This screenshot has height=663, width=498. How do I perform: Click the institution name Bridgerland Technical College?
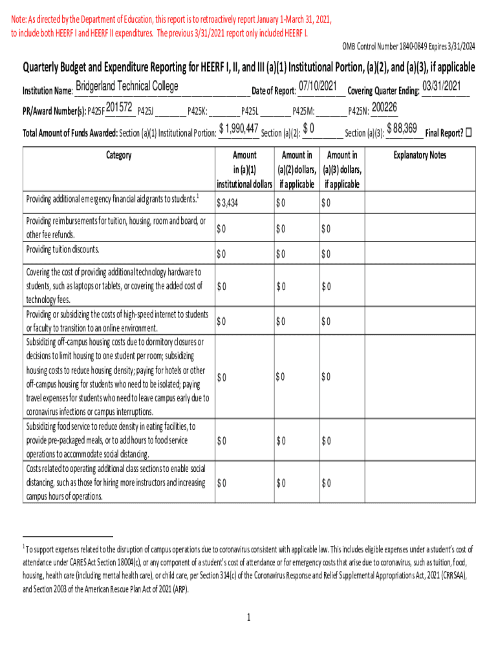pos(127,87)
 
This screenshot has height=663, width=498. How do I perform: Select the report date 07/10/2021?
pos(318,87)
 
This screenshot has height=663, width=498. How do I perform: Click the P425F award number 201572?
pos(120,107)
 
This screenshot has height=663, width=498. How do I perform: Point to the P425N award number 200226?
pos(384,107)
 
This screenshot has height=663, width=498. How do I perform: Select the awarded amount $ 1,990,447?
pos(239,128)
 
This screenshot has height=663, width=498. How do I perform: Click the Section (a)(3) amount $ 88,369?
pos(401,128)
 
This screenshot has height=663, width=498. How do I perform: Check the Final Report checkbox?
pos(470,133)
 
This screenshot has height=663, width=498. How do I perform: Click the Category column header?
pos(118,155)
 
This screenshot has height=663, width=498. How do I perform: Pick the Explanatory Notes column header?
pos(420,155)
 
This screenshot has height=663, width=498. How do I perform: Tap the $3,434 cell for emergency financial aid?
pos(228,203)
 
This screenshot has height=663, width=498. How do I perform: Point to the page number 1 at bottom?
pos(248,618)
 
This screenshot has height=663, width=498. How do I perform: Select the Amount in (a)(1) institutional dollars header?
pos(244,169)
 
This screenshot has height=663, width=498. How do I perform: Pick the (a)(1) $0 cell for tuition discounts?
pos(221,252)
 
